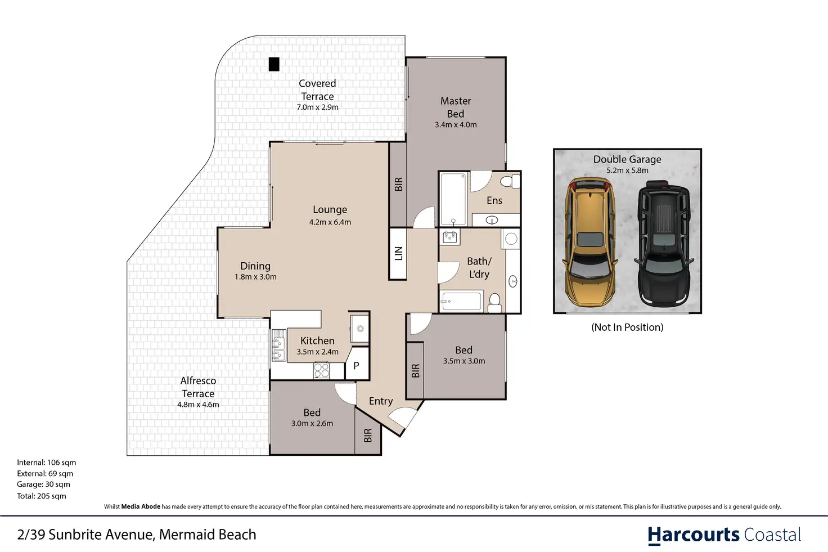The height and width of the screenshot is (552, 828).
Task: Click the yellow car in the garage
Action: coord(590,242)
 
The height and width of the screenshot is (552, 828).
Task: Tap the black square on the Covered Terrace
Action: coord(274,64)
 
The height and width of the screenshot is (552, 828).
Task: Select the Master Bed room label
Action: coord(456,107)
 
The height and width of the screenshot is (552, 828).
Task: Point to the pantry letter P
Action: coord(356,365)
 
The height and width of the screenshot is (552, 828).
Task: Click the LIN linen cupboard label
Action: coord(398,253)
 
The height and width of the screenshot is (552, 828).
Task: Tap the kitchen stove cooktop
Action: coord(321,370)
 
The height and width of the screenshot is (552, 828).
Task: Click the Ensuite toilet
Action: coord(510,182)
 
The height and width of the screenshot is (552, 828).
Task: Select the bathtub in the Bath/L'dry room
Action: coord(462,301)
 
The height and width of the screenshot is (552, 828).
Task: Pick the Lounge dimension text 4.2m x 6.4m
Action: coord(330,222)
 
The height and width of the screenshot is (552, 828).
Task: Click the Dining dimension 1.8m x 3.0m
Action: coord(255,276)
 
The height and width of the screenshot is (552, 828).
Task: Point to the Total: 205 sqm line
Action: coord(42,496)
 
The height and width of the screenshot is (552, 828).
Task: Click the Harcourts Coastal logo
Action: coord(724,535)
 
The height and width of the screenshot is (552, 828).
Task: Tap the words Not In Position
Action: coord(627,327)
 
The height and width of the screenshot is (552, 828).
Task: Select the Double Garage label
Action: coord(627,159)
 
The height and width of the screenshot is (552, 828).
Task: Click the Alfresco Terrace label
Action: coord(198,387)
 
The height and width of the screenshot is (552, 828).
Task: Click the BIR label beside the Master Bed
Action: coord(398,184)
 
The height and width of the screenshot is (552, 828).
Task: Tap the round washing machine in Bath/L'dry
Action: coord(511,239)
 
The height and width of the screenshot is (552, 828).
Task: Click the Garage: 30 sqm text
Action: coord(43,484)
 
